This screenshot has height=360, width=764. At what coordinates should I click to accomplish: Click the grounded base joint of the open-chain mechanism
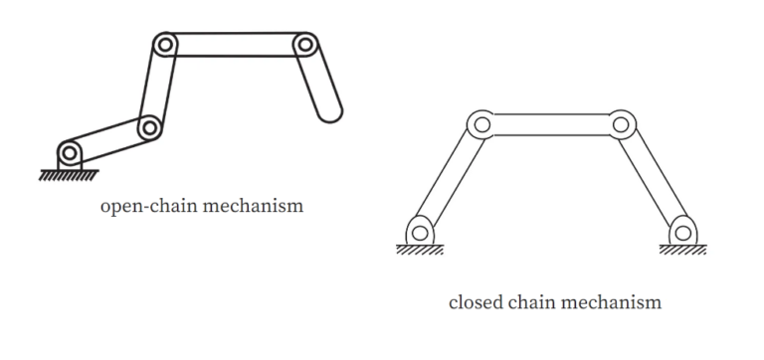pos(69,152)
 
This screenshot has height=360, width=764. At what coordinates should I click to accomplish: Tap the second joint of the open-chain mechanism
pos(149,126)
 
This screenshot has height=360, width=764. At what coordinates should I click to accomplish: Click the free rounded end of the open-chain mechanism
pos(329,108)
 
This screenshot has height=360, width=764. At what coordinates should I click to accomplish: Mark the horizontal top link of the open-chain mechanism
pos(235,45)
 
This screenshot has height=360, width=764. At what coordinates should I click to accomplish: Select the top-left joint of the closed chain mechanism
pos(480,125)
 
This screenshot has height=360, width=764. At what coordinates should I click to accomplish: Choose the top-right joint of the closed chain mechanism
pos(621,125)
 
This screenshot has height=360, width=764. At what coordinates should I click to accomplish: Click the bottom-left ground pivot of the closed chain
pos(419,233)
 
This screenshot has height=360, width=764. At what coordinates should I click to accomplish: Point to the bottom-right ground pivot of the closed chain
pos(681,233)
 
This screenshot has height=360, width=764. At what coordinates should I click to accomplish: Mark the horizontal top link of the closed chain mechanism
pos(550,125)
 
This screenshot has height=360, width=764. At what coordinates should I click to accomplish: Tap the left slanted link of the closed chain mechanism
pos(450,179)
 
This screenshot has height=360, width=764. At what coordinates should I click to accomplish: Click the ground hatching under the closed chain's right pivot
pos(682,250)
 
